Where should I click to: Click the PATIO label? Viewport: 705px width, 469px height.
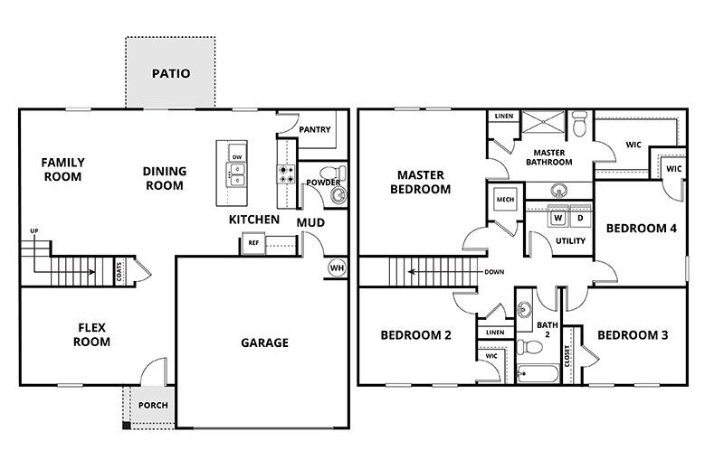point(170,73)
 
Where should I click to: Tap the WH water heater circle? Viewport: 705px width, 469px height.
point(336,267)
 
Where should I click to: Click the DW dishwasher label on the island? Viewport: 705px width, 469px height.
point(237,157)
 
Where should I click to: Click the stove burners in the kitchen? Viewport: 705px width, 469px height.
point(286,174)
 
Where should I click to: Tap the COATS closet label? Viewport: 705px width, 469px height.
point(119,271)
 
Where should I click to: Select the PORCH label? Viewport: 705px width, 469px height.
point(152,405)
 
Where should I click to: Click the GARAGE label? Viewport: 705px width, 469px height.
point(264,342)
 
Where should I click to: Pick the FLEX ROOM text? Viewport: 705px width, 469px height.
point(91,335)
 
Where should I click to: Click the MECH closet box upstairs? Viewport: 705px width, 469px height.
point(504,201)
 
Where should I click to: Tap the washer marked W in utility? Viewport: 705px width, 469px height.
point(558,218)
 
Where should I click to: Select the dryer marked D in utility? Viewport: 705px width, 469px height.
point(578,218)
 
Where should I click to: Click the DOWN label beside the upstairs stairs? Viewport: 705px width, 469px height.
point(494,272)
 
